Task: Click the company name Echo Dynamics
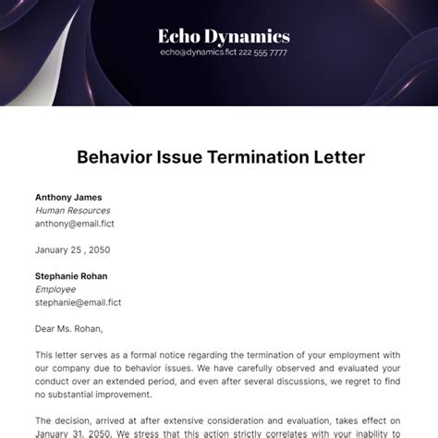point(225,37)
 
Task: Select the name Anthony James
point(68,197)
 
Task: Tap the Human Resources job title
point(73,210)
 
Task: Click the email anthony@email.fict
point(75,223)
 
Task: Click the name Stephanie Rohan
point(71,275)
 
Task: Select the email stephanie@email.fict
point(79,302)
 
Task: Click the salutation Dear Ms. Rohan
point(69,328)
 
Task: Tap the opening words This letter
point(57,355)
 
